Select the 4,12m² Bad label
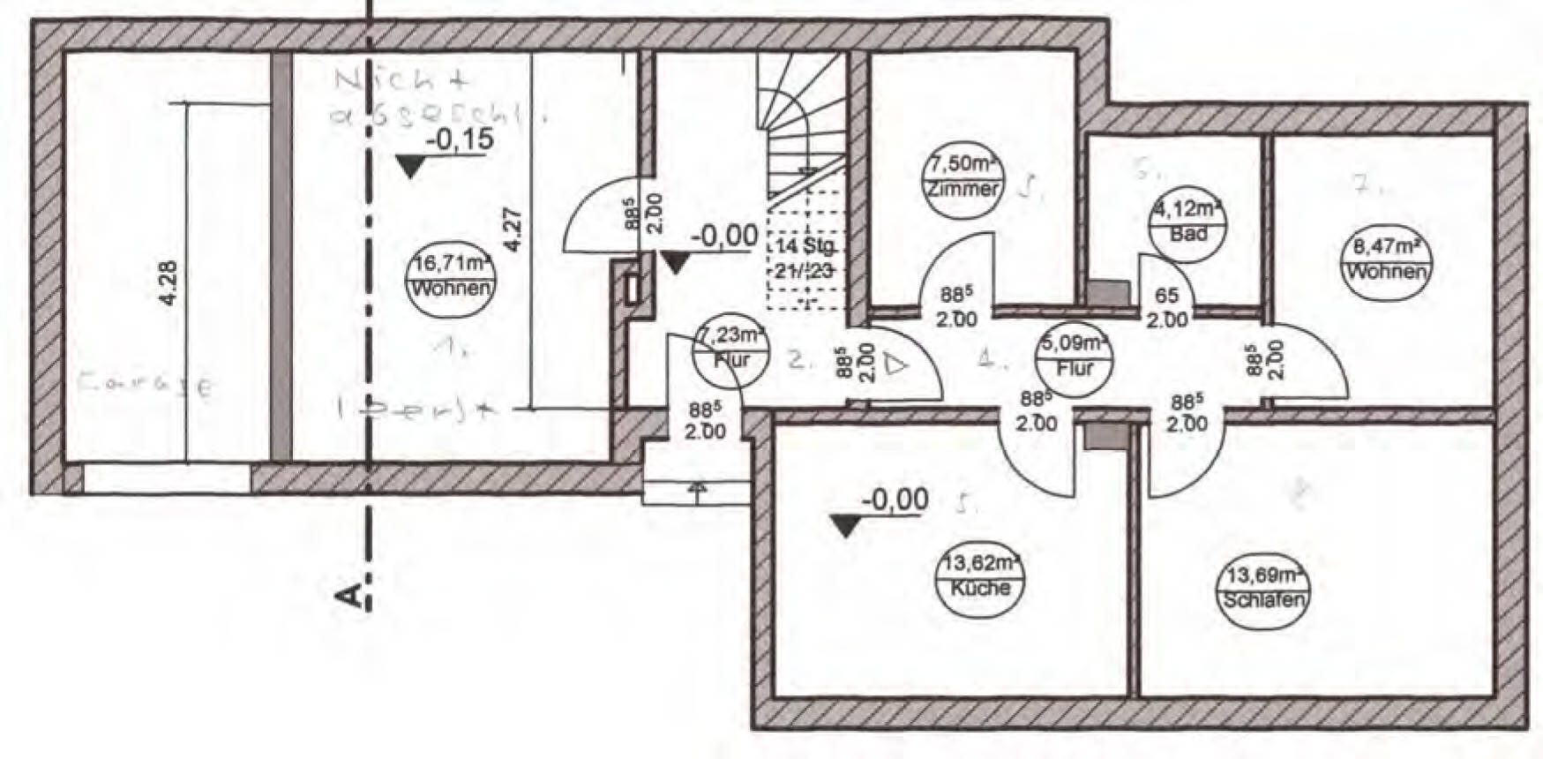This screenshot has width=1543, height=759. click(1188, 221)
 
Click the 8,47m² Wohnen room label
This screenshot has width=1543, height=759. click(1385, 258)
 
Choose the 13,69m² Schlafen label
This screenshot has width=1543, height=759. click(1263, 588)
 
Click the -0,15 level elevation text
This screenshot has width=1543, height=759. click(459, 140)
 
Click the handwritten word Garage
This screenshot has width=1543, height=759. click(146, 385)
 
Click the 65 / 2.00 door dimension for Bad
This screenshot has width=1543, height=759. click(1166, 308)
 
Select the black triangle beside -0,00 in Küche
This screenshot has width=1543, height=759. click(845, 528)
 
